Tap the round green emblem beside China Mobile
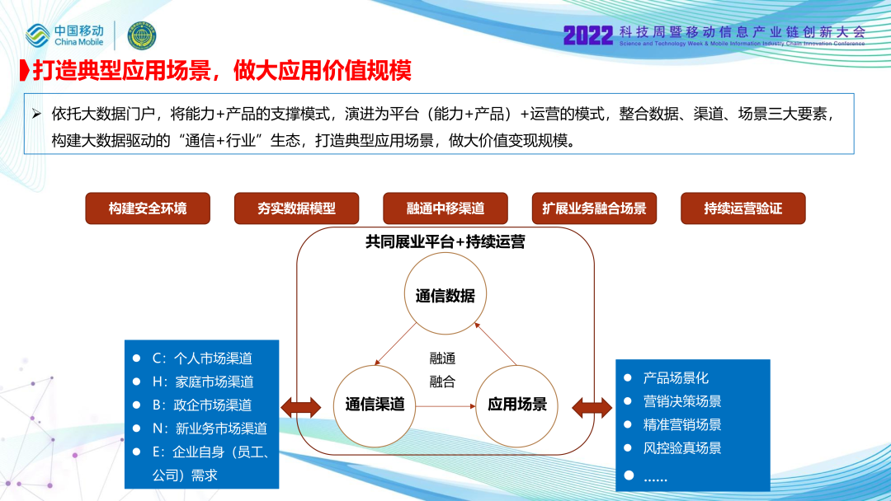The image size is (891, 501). (142, 35)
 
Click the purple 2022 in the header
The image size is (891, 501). (588, 35)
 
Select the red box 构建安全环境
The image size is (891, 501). (148, 208)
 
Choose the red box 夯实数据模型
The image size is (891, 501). (297, 208)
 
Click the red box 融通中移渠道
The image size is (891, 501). (445, 208)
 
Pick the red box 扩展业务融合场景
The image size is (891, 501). (594, 208)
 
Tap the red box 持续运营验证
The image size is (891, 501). (743, 208)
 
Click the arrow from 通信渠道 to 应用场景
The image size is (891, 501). (445, 406)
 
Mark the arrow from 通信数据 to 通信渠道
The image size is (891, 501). (395, 344)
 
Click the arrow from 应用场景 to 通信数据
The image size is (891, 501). (495, 344)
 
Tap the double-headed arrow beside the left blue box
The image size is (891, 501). (301, 407)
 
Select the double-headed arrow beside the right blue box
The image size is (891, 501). (592, 407)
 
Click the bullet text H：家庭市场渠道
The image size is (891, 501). (203, 382)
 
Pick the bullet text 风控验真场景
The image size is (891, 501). (682, 448)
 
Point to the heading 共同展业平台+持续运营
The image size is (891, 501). (445, 242)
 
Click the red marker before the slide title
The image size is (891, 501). (25, 70)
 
